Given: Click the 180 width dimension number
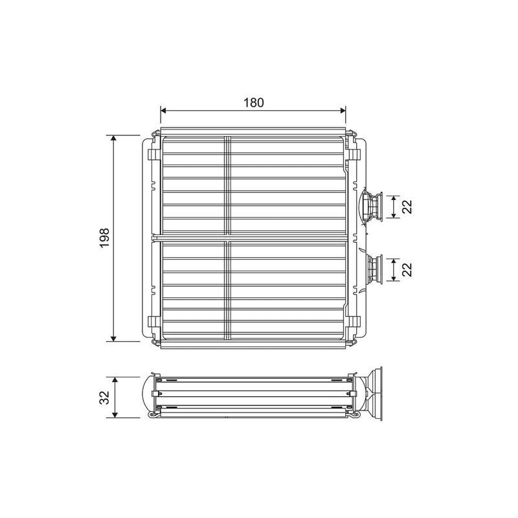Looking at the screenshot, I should click(253, 102).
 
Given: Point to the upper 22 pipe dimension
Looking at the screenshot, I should click(407, 206).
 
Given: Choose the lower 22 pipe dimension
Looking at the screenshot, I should click(407, 269).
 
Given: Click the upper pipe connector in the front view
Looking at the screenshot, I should click(372, 206).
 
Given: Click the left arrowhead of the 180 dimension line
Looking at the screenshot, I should click(163, 111).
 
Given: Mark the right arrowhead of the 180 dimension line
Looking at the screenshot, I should click(343, 111).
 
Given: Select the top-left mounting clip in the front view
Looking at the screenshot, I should click(153, 154).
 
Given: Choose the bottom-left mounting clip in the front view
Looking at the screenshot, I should click(153, 321).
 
